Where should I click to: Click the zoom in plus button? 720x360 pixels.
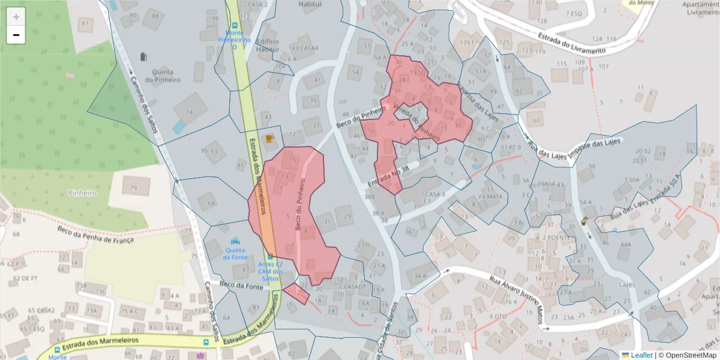pos(16,17)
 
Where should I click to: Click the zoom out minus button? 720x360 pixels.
pos(16,35)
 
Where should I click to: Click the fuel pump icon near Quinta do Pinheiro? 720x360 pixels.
pos(143,57)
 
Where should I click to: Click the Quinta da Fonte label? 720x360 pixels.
pos(235,253)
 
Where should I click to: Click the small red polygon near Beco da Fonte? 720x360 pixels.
pos(296,294)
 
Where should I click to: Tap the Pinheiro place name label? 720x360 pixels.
pos(82,193)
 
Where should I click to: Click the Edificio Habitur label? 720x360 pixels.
pos(268,46)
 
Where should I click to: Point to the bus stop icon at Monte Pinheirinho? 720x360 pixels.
pos(235,26)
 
